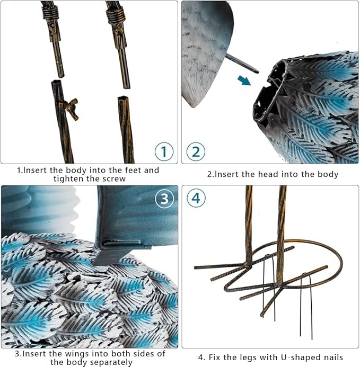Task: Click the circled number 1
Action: coord(164,151)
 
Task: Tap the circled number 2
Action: coord(196,151)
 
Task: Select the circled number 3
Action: coord(164,199)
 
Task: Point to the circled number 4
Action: coord(196,198)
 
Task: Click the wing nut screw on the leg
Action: coord(71,108)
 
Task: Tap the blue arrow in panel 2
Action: coord(244,80)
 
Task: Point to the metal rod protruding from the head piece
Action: coord(242,63)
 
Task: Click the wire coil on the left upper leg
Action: coord(50,13)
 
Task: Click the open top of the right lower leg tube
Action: coord(122,98)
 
